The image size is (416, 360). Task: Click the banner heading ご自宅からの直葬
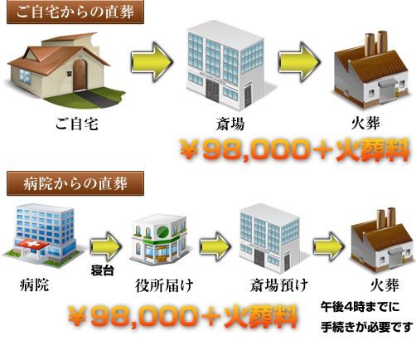pos(75,12)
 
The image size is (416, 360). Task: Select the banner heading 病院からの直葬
pos(75,183)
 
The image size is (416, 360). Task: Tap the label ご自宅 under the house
pos(77,124)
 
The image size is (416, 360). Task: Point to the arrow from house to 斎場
pos(152,62)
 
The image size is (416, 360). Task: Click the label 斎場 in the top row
pos(230,124)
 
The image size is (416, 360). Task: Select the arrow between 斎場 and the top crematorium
pos(299,62)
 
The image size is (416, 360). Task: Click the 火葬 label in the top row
pos(365,123)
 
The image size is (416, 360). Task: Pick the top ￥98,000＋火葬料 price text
pos(294,150)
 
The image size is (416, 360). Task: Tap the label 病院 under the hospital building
pos(35,285)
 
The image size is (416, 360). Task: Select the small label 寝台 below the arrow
pos(103,270)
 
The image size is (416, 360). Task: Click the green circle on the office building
pos(162,232)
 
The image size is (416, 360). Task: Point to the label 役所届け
pos(164,285)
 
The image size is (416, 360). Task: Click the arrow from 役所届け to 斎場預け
pos(215,246)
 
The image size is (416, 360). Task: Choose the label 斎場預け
pos(279,285)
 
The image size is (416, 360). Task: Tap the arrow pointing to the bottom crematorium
pos(329,246)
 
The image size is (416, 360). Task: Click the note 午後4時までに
pos(360,307)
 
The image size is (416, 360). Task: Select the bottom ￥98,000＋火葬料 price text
pos(183,317)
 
